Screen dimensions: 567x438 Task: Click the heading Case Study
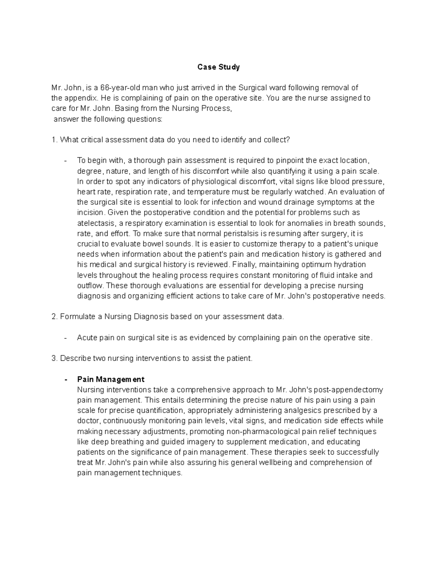(x=218, y=67)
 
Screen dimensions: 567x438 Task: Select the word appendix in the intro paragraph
(x=81, y=98)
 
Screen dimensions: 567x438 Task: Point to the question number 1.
(x=54, y=140)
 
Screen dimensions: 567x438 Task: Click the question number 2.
(x=54, y=317)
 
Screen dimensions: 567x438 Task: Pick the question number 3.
(x=54, y=359)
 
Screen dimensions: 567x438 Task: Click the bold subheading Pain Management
(x=111, y=379)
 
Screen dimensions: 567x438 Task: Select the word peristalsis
(x=195, y=233)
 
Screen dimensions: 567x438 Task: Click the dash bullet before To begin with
(x=65, y=161)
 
